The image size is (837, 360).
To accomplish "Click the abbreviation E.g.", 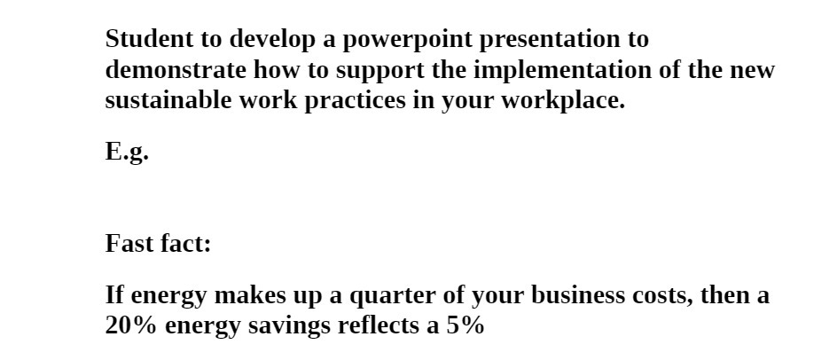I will [127, 153].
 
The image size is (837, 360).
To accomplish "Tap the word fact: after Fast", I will [186, 243].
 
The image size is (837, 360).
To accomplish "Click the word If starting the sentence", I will [114, 295].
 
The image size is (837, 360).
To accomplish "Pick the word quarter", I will [394, 295].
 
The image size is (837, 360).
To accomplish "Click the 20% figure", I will [131, 325].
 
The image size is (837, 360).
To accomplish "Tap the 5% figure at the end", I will [465, 325].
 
